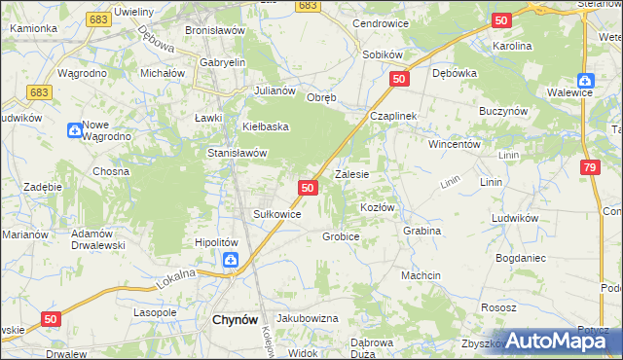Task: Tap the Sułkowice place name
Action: (276, 214)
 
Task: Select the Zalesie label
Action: (351, 175)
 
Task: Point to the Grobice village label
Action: (341, 236)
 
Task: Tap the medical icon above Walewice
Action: (585, 82)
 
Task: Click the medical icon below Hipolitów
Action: (230, 260)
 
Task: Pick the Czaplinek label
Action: (392, 116)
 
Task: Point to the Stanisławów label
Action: (238, 153)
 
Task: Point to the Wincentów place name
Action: (456, 144)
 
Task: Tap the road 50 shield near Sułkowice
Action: (308, 187)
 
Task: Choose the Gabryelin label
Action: (223, 62)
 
